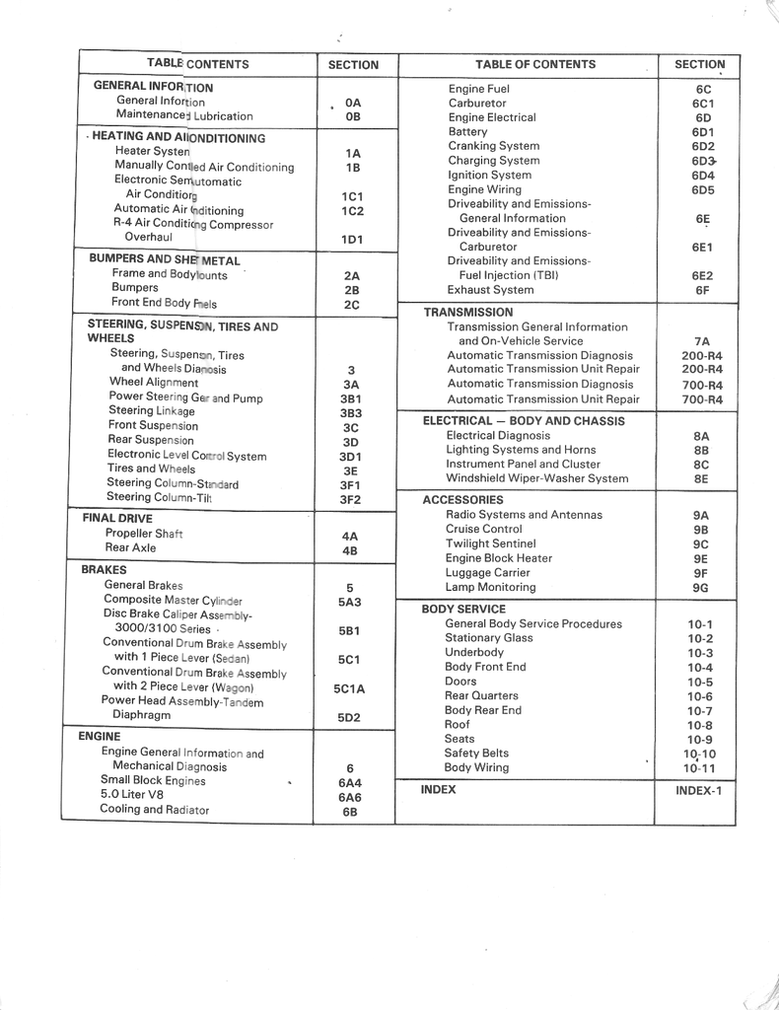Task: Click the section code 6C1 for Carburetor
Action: pos(702,104)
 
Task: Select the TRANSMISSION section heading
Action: pos(467,312)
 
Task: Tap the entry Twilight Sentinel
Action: pos(490,543)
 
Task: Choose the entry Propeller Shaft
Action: pos(144,534)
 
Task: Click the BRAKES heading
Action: pos(104,570)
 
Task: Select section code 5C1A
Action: pos(349,690)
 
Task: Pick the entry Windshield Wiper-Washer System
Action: pos(536,478)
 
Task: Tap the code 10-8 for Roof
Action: pos(699,726)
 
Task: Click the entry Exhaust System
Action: pos(490,290)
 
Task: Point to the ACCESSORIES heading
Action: pos(462,500)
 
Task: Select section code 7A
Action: pos(701,341)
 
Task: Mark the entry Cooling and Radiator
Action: pos(154,810)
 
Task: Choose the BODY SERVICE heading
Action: pos(463,610)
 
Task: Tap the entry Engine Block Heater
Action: pos(498,558)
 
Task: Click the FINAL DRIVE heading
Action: pos(116,518)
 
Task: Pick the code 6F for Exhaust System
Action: pos(701,291)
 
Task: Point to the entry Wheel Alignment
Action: pos(153,382)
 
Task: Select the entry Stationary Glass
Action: pos(488,638)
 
